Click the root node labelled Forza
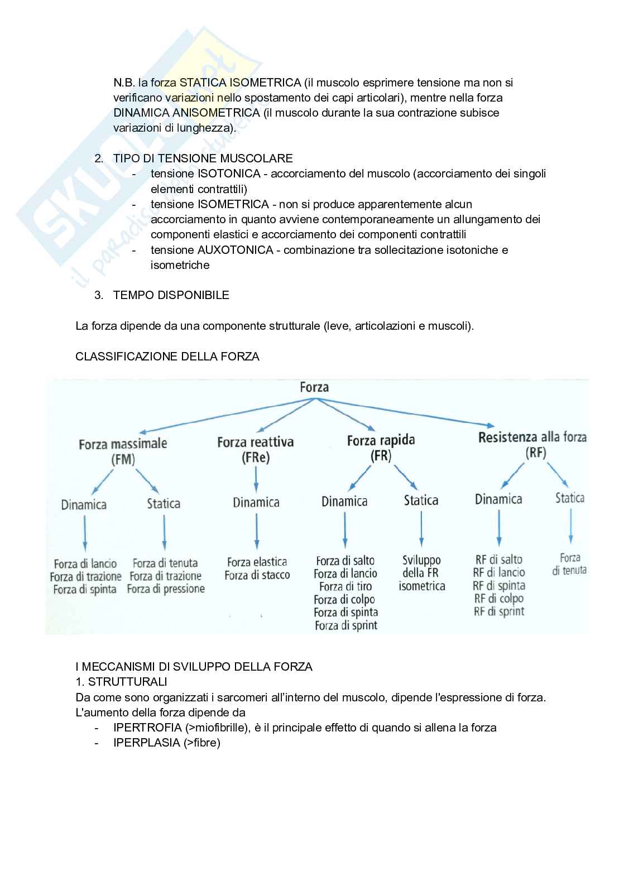point(314,387)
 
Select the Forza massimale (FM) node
point(123,451)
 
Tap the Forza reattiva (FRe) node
point(256,450)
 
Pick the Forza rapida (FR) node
point(381,447)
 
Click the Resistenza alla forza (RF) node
point(532,445)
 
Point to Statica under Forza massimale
point(164,504)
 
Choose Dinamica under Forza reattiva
point(256,502)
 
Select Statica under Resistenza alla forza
point(569,498)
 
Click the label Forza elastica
point(257,562)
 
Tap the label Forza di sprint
point(346,625)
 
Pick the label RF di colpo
point(498,598)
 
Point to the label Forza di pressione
point(166,589)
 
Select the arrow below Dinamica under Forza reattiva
point(256,530)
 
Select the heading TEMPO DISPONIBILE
point(171,295)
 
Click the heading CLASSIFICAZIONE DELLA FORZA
point(167,356)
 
